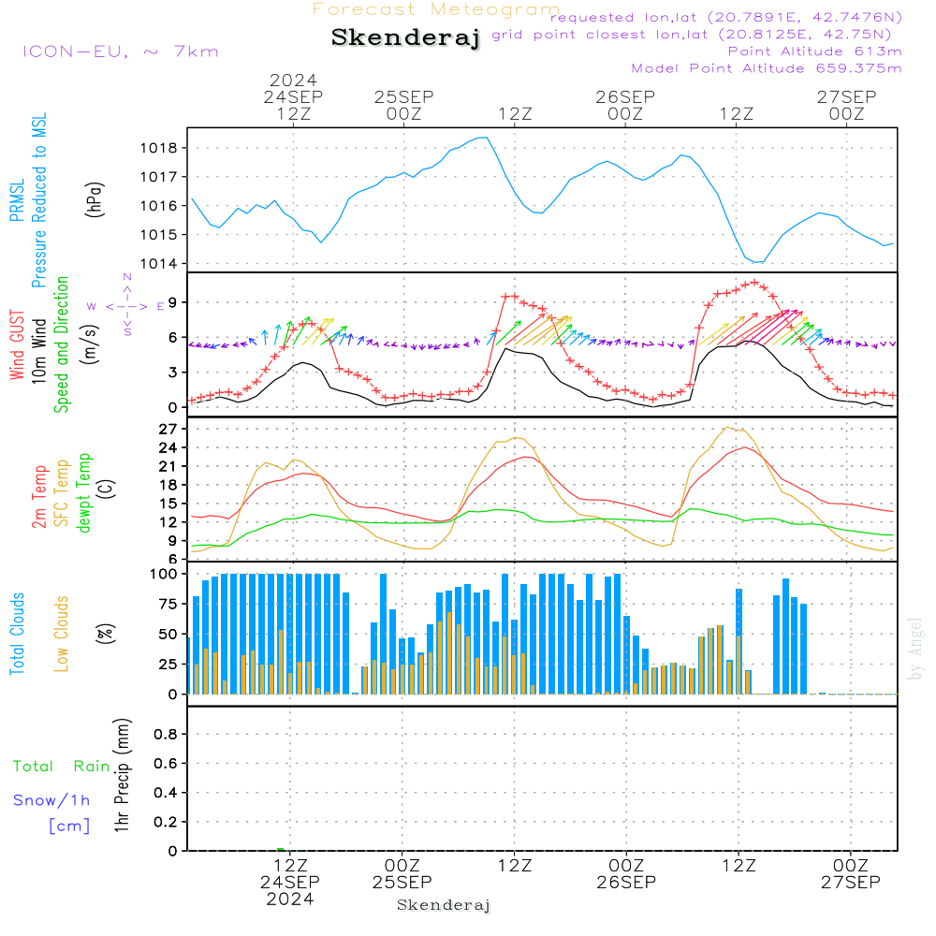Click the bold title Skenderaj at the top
coord(406,38)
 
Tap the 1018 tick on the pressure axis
coord(159,148)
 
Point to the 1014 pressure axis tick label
coord(159,264)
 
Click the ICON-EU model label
coord(120,51)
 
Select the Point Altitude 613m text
coord(815,51)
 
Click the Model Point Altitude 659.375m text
coord(767,68)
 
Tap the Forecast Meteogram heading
coord(436,9)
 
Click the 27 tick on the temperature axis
coord(168,430)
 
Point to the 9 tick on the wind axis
coord(173,302)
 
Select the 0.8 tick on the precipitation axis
coord(166,734)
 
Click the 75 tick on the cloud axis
coord(168,604)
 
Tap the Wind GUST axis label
coord(17,345)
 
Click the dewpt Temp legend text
coord(83,493)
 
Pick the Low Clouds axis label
coord(62,634)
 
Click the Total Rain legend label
coord(62,766)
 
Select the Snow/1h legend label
coord(51,800)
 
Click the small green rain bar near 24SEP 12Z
coord(281,850)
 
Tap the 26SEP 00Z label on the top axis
coord(625,105)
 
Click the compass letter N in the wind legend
coord(127,277)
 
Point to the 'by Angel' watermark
coord(915,649)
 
